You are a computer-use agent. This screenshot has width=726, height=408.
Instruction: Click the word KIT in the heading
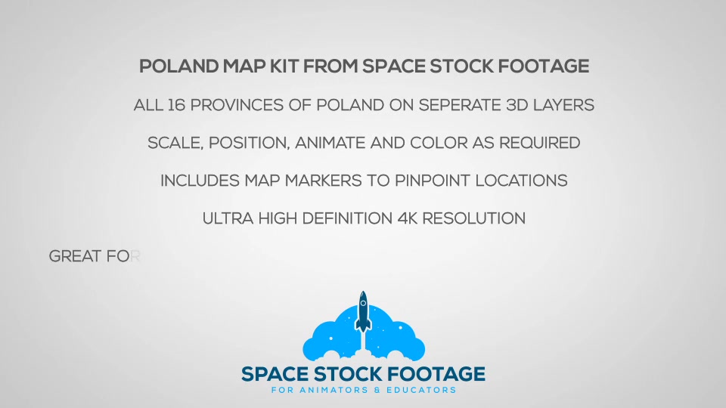point(285,66)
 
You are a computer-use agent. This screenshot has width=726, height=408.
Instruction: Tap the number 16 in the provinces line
point(176,105)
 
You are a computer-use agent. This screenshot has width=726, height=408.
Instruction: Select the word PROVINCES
point(237,105)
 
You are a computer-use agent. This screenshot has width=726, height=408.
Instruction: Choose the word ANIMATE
point(330,143)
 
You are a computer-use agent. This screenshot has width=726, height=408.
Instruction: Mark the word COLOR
point(439,143)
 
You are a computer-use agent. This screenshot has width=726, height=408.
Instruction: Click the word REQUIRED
point(539,143)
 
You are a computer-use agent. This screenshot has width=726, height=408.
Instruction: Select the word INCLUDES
point(200,181)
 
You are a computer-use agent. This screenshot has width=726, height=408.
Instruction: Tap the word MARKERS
point(323,181)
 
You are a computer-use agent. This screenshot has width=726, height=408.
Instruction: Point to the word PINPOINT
point(433,181)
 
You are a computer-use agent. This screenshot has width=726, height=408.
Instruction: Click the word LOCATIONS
point(521,181)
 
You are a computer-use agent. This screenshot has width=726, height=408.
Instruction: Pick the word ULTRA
point(228,218)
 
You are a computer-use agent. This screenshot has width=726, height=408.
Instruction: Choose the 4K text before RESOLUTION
point(408,218)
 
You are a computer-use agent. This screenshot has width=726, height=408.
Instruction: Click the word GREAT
point(76,256)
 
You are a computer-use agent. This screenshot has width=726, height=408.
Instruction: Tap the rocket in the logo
point(363,312)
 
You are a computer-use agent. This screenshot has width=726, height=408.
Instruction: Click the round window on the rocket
point(364,304)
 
